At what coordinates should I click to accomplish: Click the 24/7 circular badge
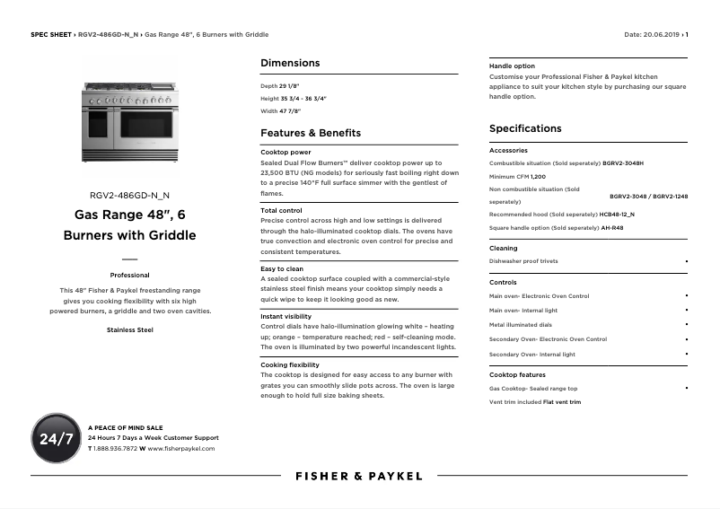coord(57,438)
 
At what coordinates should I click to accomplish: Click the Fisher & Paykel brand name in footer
coord(359,476)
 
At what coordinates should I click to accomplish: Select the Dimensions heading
coord(290,63)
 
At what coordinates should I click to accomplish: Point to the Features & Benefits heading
coord(311,133)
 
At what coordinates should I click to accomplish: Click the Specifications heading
coord(525,128)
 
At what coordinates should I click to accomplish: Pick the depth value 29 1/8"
coord(289,85)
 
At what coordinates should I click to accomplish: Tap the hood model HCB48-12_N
coord(617,215)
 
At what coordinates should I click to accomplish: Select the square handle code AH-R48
coord(612,228)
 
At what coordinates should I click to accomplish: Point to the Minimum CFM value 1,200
coord(538,177)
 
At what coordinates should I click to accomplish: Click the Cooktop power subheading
coord(285,153)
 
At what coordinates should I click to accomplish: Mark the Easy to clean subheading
coord(282,268)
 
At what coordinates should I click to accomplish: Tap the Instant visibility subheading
coord(286,317)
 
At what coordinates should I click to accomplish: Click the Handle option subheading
coord(512,66)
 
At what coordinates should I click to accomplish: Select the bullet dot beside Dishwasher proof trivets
coord(686,261)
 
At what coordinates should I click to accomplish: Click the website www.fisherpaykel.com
coord(181,448)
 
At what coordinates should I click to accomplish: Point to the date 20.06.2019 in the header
coord(663,34)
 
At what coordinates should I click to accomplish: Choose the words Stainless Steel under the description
coord(129,330)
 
